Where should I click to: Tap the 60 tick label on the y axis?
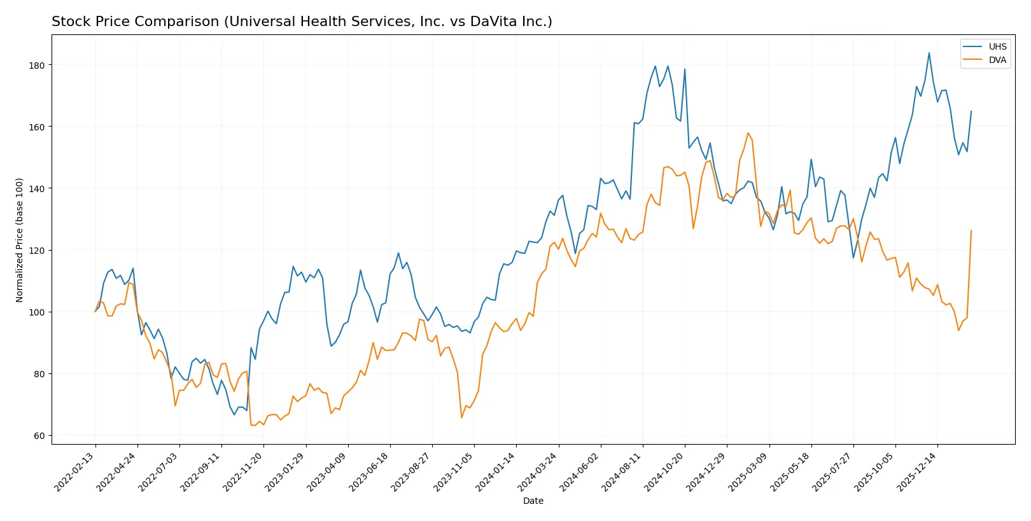tap(39, 436)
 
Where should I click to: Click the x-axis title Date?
tap(533, 501)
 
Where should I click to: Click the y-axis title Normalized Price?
tap(20, 240)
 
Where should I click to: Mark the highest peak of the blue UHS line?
tap(929, 53)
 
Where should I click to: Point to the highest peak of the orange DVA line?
tap(748, 133)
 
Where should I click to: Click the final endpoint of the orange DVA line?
tap(971, 231)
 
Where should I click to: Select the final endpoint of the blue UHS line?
tap(971, 111)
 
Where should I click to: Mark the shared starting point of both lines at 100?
tap(95, 312)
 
